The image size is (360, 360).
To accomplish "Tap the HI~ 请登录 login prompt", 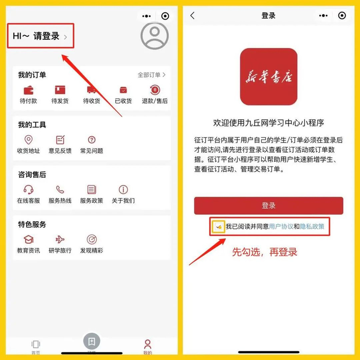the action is pos(40,36).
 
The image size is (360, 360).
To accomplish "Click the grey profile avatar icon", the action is pos(154,36).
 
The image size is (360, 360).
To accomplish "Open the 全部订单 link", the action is pos(152,75).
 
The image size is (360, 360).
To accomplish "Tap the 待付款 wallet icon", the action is pos(28,90).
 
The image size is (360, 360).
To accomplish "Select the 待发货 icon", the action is pos(60,90).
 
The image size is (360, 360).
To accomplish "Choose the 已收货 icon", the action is pos(123,90).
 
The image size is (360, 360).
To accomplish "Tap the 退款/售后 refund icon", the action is pos(155,90).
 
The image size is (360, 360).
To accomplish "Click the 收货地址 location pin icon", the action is pos(28,139).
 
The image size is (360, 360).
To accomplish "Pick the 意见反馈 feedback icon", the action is pos(60,139).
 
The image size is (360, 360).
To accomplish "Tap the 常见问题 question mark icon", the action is pos(92,139).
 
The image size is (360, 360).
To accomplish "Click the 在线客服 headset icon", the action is pos(28,190).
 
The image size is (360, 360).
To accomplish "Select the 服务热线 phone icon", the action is pos(60,190).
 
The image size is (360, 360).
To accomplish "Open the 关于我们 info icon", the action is pos(123,190).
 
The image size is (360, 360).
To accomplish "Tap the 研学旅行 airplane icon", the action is pos(60,240).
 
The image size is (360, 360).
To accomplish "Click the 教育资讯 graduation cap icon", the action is pos(28,240).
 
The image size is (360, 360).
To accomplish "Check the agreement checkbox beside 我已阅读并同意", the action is pos(219,227).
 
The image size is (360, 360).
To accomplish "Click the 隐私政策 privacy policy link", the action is pos(312,227).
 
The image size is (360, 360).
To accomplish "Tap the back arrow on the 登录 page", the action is pos(192,15).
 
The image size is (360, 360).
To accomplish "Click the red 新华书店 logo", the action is pos(268,77).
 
